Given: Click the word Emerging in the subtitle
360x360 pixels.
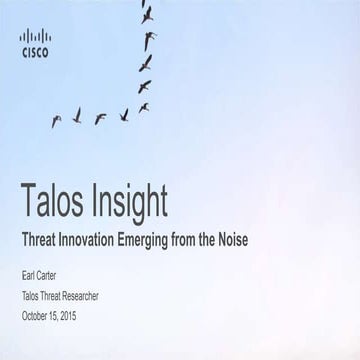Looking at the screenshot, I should (x=171, y=240).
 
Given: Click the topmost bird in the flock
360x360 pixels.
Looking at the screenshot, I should (x=149, y=14).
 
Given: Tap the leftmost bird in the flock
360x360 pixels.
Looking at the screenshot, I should (x=56, y=121).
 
